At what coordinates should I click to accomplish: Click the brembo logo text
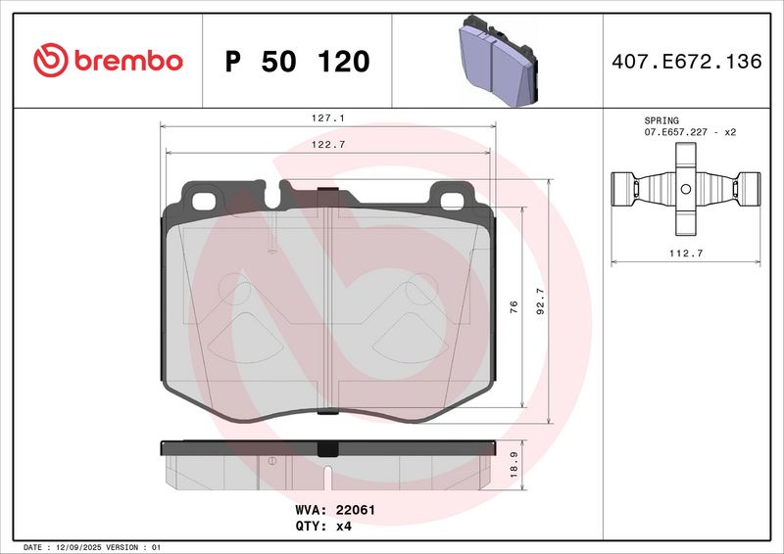coord(124,61)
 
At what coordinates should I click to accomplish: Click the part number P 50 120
coord(297,62)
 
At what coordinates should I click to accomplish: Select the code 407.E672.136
coord(685,62)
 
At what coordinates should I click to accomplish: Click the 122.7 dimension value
coord(328,145)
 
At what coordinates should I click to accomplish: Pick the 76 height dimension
coord(514,307)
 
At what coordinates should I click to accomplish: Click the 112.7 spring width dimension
coord(686,253)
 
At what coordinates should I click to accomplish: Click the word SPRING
coord(661,119)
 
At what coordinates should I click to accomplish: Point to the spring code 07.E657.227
coord(676,131)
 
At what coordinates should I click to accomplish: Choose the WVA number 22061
coord(357,510)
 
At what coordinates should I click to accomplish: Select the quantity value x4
coord(343,526)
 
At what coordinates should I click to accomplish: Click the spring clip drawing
coord(686,189)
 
